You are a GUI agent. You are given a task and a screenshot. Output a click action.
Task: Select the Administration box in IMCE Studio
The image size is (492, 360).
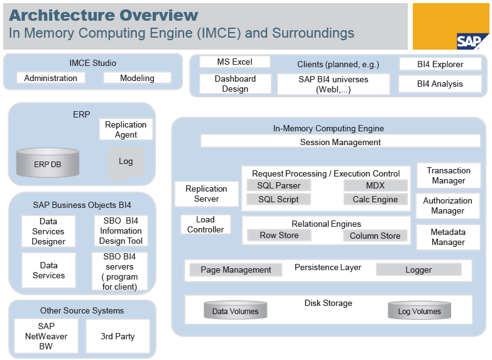50,78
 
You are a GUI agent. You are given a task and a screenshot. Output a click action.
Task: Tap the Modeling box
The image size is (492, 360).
137,78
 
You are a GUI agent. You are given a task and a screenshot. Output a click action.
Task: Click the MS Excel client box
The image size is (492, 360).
234,62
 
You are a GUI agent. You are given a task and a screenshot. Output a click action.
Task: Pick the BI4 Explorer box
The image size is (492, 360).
440,64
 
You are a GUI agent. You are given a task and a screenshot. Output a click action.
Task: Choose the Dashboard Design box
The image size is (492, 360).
235,84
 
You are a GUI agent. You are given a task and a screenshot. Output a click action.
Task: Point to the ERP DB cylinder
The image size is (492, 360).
48,163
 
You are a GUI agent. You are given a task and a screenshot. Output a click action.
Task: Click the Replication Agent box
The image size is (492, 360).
126,129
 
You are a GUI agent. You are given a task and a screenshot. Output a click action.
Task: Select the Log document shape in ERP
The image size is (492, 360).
126,162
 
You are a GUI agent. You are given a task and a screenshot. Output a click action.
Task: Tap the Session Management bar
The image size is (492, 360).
340,142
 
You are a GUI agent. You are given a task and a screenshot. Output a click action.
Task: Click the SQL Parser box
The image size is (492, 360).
279,185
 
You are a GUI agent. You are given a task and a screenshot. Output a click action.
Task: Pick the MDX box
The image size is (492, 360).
375,185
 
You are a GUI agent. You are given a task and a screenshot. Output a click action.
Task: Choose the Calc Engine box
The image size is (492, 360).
375,199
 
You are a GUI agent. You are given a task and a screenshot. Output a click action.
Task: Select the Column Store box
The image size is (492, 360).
375,236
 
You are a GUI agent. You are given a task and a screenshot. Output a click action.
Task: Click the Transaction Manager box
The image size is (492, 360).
448,175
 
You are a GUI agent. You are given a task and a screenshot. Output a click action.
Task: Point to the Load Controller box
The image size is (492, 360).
205,224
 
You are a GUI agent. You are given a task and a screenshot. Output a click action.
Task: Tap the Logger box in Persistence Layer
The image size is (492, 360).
418,270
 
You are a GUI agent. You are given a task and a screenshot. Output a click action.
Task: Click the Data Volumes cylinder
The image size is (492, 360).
235,310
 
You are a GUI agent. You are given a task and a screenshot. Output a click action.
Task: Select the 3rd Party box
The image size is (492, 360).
118,336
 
